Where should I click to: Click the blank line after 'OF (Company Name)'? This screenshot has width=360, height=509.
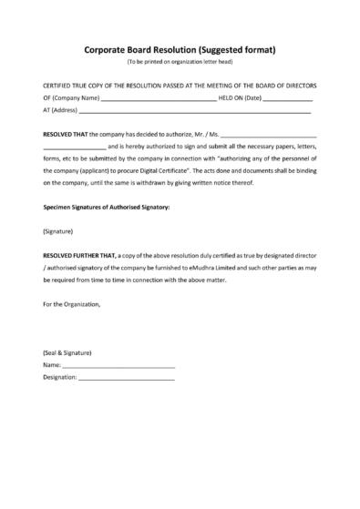coord(157,98)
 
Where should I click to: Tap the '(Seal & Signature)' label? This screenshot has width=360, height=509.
coord(67,352)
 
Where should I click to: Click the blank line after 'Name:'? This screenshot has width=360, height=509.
coord(118,365)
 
